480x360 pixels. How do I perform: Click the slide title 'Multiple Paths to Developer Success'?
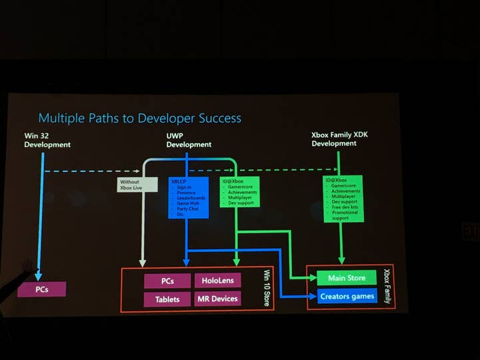[139, 118]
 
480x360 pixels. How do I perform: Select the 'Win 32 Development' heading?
[47, 140]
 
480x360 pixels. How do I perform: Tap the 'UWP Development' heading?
[189, 140]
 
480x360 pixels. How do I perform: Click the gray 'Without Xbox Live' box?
[137, 185]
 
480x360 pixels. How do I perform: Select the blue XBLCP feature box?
[189, 197]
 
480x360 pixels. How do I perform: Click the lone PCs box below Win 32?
[42, 289]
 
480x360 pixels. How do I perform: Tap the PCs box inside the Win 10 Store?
[167, 281]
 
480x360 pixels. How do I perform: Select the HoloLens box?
[217, 281]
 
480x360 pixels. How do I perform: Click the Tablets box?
[167, 299]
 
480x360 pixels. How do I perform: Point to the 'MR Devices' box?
[217, 299]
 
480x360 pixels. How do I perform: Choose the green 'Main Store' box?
[347, 277]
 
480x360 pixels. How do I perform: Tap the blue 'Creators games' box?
[347, 296]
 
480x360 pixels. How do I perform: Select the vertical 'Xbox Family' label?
[387, 285]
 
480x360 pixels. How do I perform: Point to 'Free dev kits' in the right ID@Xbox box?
[345, 207]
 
